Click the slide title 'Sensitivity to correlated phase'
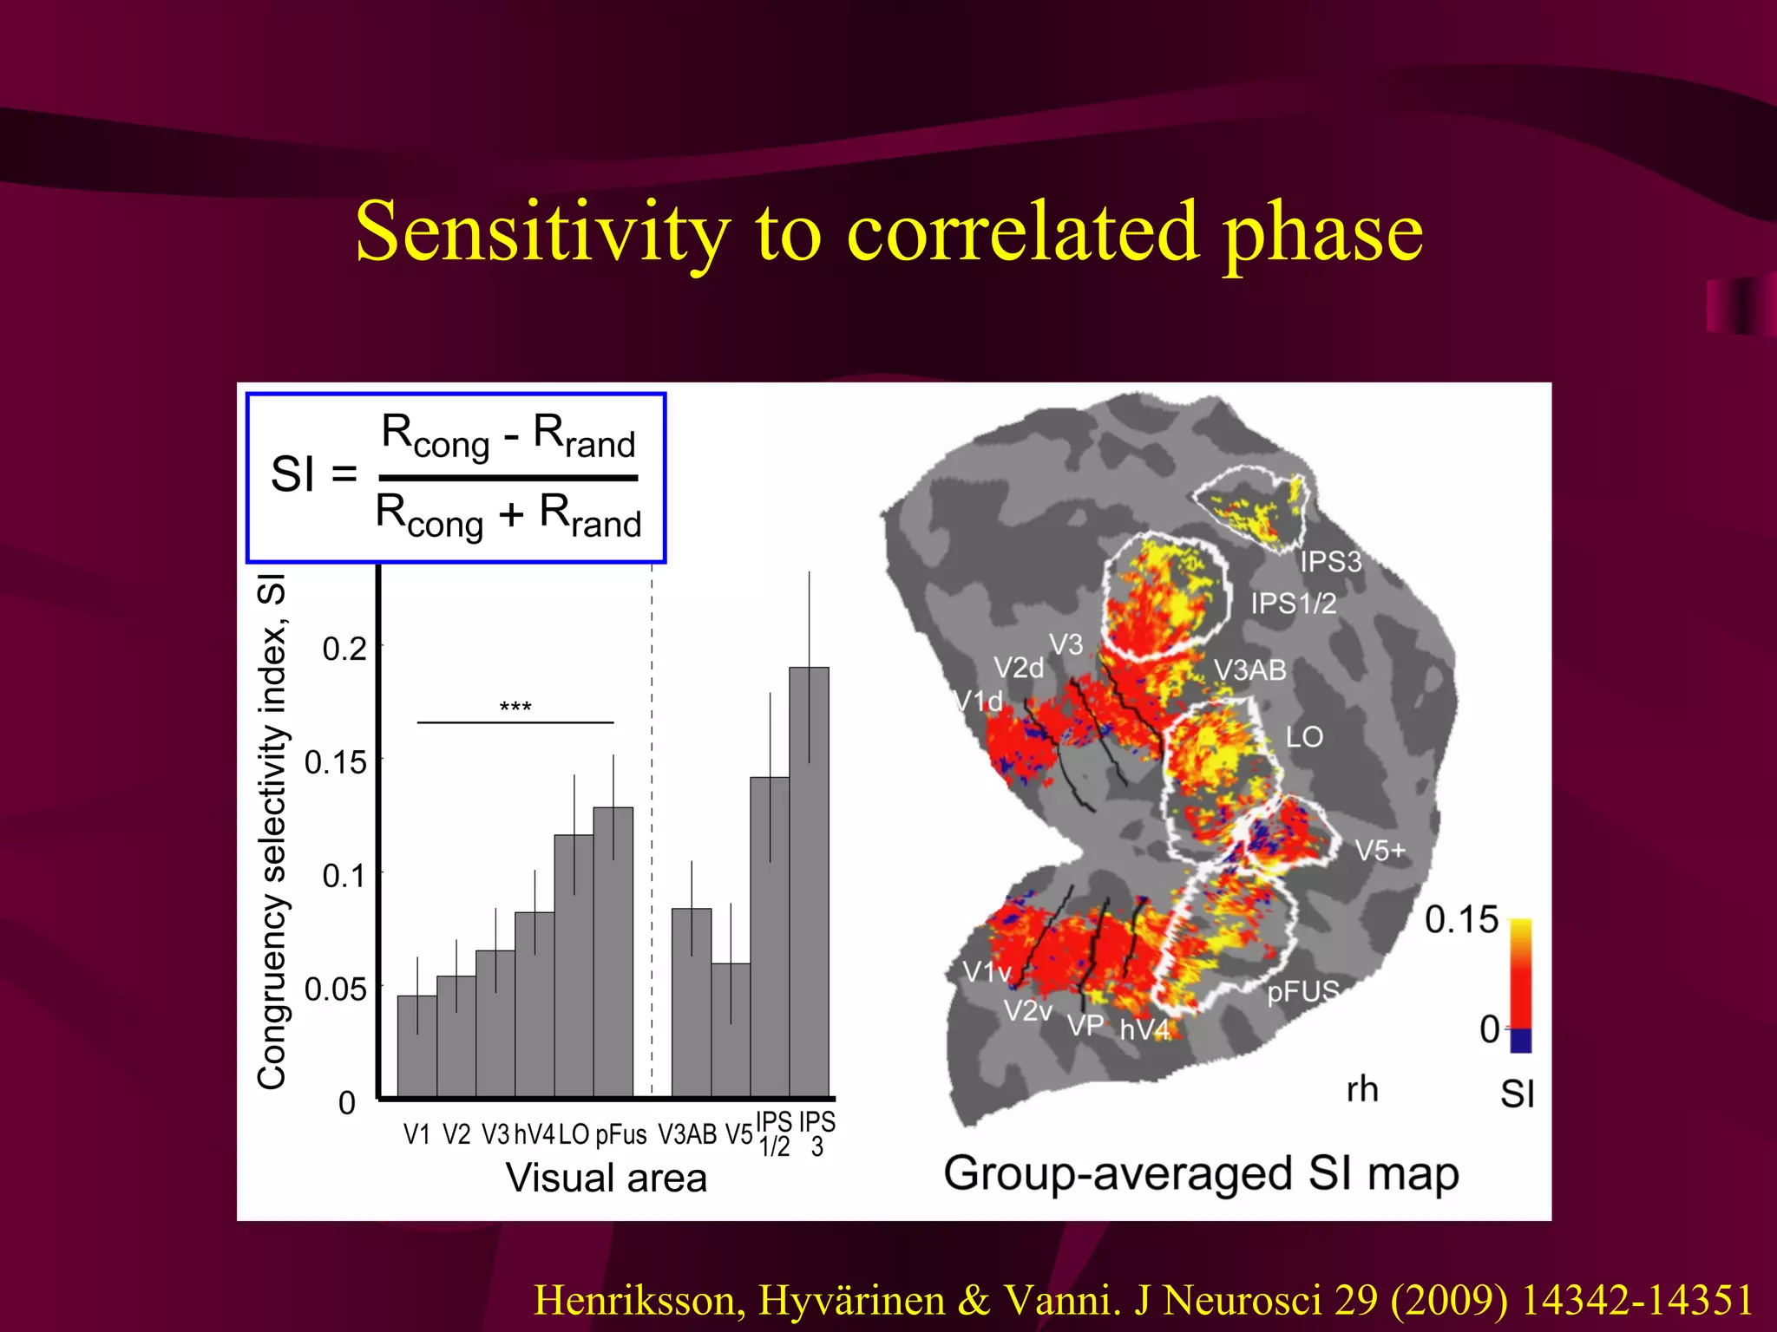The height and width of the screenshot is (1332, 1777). (x=888, y=232)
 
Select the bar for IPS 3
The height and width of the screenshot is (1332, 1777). (x=809, y=880)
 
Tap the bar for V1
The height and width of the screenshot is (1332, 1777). (x=416, y=1045)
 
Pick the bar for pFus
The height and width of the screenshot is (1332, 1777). (x=613, y=951)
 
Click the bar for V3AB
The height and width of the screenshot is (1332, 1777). (x=692, y=1002)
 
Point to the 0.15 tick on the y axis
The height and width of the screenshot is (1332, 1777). (x=378, y=761)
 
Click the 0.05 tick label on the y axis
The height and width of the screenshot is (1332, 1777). (x=336, y=989)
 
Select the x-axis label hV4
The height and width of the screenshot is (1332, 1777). (x=534, y=1134)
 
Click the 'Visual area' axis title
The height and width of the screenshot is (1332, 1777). (x=607, y=1179)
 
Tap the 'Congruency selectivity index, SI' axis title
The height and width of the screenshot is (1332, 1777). (x=272, y=831)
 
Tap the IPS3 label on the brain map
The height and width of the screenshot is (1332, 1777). (x=1330, y=562)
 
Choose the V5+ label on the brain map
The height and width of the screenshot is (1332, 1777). (x=1380, y=851)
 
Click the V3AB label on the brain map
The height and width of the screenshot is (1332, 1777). (x=1249, y=670)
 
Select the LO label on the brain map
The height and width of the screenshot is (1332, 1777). (x=1304, y=737)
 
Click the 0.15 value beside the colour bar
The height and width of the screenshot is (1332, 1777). (x=1461, y=920)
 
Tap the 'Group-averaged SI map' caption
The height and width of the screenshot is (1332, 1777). (x=1201, y=1174)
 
